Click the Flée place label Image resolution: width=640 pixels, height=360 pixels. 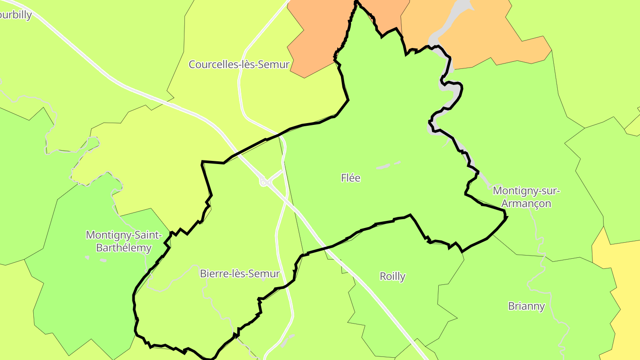pyautogui.click(x=351, y=178)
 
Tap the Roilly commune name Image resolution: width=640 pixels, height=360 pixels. pyautogui.click(x=392, y=276)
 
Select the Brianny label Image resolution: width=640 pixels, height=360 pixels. pyautogui.click(x=526, y=306)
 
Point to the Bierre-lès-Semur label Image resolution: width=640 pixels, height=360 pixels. pyautogui.click(x=240, y=273)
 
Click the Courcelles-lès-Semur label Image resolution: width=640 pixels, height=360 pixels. pyautogui.click(x=239, y=64)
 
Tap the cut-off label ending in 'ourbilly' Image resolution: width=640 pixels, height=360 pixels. pyautogui.click(x=16, y=15)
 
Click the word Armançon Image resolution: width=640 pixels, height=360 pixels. pyautogui.click(x=526, y=204)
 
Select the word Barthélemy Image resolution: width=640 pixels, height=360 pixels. pyautogui.click(x=124, y=248)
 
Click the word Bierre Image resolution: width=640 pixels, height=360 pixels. pyautogui.click(x=212, y=273)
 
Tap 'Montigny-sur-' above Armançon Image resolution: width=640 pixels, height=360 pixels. pyautogui.click(x=527, y=191)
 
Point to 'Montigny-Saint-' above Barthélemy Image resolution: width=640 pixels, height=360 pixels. pyautogui.click(x=124, y=235)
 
